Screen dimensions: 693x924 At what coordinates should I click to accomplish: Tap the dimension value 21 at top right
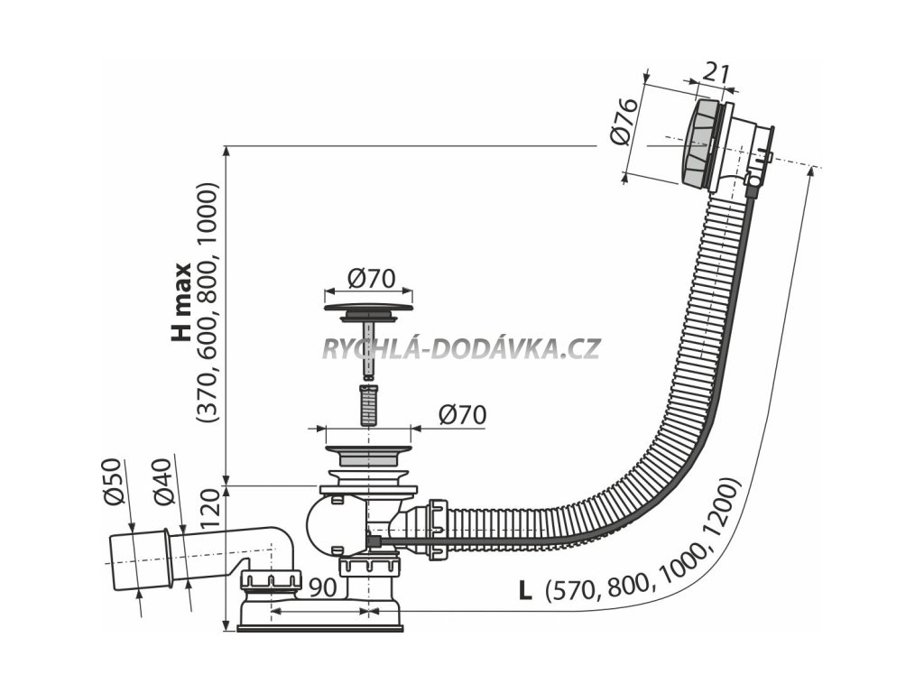click(x=716, y=73)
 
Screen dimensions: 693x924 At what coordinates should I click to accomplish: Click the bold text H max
click(x=182, y=301)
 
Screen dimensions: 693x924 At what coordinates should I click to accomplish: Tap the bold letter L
click(x=525, y=591)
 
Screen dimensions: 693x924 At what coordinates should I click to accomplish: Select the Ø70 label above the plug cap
click(x=370, y=279)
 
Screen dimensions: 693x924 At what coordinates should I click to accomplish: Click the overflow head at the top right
click(x=713, y=144)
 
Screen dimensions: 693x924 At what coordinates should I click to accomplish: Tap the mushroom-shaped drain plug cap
click(x=368, y=310)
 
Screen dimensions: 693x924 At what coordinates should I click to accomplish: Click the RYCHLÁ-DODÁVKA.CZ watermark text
click(x=461, y=348)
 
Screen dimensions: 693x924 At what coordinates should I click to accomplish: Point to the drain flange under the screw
click(x=367, y=448)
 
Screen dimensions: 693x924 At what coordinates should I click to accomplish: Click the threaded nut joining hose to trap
click(x=439, y=529)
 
